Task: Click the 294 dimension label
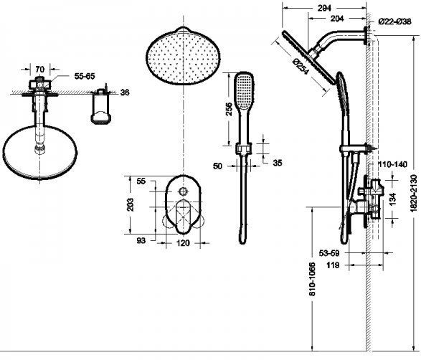[x=324, y=8]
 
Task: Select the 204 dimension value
[x=337, y=19]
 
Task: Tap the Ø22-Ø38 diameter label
[x=394, y=22]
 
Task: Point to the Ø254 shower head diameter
[x=301, y=66]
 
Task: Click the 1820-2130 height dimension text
[x=414, y=194]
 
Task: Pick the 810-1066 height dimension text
[x=312, y=279]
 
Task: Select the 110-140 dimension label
[x=392, y=164]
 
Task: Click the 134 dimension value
[x=392, y=199]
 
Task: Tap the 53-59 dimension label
[x=329, y=253]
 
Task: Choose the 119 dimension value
[x=333, y=265]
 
